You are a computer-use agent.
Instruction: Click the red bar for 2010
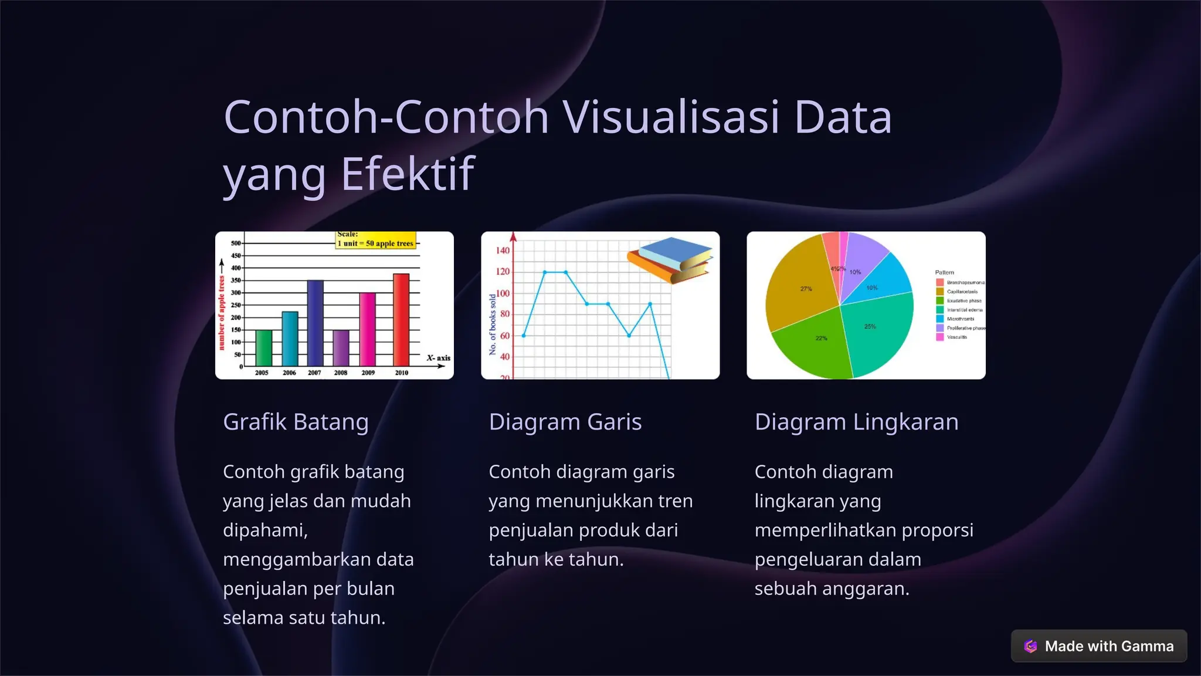coord(401,320)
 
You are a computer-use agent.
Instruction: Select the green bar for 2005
coord(263,347)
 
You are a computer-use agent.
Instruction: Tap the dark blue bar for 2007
coord(315,323)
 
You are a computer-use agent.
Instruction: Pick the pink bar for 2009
coord(368,329)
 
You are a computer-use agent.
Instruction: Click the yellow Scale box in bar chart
coord(376,240)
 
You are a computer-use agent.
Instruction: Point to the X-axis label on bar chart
coord(438,357)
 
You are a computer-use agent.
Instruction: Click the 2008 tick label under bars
coord(341,373)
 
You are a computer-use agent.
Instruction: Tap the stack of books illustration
coord(670,260)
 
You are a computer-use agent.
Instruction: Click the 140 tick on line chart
coord(503,251)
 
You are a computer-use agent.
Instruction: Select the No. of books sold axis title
coord(493,325)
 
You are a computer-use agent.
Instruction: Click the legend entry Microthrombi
coord(959,319)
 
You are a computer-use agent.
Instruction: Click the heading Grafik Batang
coord(296,422)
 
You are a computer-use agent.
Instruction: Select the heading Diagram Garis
coord(565,422)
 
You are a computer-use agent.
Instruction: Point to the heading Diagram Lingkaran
coord(856,422)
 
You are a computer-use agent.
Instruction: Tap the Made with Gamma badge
coord(1098,645)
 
